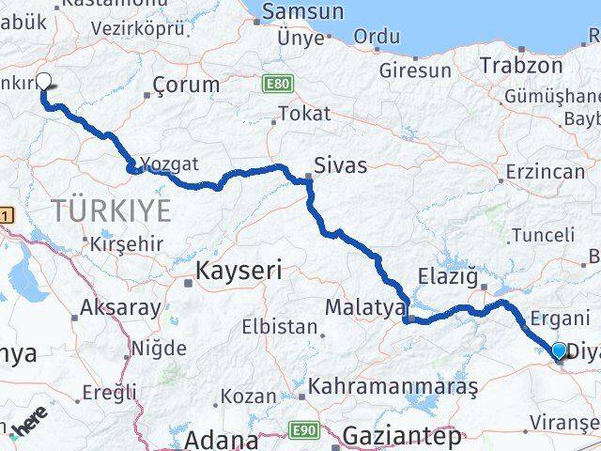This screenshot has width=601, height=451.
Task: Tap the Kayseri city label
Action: (x=239, y=272)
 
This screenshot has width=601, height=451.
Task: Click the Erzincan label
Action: (x=544, y=174)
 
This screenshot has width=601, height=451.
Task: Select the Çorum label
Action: (x=187, y=85)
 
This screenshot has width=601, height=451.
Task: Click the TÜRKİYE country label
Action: (x=113, y=210)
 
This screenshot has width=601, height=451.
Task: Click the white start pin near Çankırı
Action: (x=42, y=83)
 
